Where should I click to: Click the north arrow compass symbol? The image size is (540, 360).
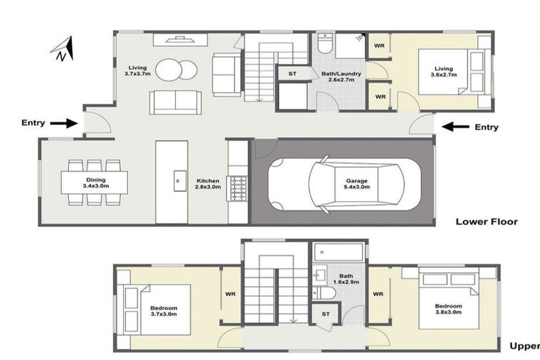(x=63, y=49)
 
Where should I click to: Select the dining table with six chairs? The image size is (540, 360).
(x=94, y=183)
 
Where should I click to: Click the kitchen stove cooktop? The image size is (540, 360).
(x=238, y=188)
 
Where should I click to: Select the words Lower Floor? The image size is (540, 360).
(x=487, y=221)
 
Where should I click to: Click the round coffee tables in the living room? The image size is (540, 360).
(x=176, y=70)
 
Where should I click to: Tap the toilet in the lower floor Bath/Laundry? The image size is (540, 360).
(x=324, y=44)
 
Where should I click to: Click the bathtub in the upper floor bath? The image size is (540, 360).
(x=338, y=252)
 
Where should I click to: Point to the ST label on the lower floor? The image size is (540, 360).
(x=292, y=72)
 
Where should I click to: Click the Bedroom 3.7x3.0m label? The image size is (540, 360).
(x=164, y=311)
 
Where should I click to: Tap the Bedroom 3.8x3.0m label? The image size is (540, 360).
(x=448, y=310)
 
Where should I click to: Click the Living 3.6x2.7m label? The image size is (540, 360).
(x=444, y=70)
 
